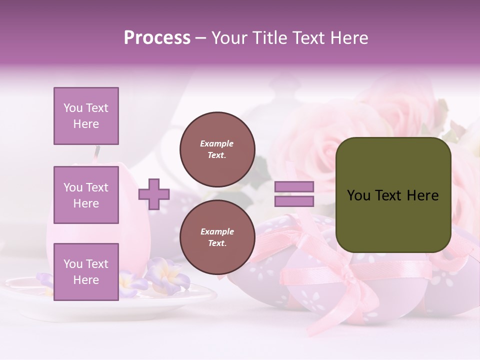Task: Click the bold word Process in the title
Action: (x=157, y=38)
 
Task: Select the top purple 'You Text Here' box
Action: (x=86, y=116)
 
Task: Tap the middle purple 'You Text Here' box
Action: (x=86, y=195)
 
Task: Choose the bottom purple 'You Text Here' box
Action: (x=86, y=271)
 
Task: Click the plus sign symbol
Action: (x=154, y=194)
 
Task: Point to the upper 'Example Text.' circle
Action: (x=217, y=149)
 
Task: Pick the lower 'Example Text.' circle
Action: (x=217, y=237)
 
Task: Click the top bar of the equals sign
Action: (x=294, y=187)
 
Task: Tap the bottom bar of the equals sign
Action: (x=294, y=201)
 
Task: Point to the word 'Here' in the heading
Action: (x=349, y=38)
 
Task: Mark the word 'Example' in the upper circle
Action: (x=217, y=144)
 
